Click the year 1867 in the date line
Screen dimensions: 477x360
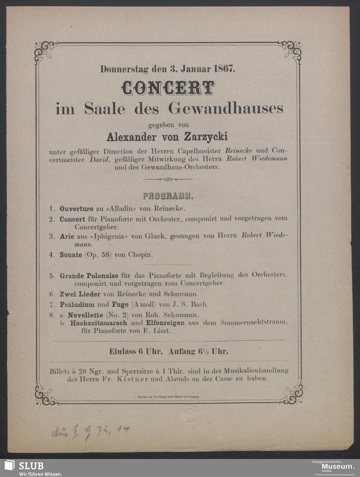click(224, 68)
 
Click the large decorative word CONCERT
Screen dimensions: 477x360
click(168, 87)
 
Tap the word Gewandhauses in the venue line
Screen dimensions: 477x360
click(226, 108)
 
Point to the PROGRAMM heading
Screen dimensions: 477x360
click(168, 197)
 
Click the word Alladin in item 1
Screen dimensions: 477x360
click(124, 208)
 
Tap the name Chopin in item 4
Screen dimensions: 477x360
click(140, 255)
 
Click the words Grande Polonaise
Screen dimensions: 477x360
click(89, 276)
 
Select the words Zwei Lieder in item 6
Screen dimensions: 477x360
click(80, 294)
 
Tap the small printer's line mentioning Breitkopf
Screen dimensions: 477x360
click(166, 396)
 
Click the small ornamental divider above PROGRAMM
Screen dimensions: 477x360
click(168, 179)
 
